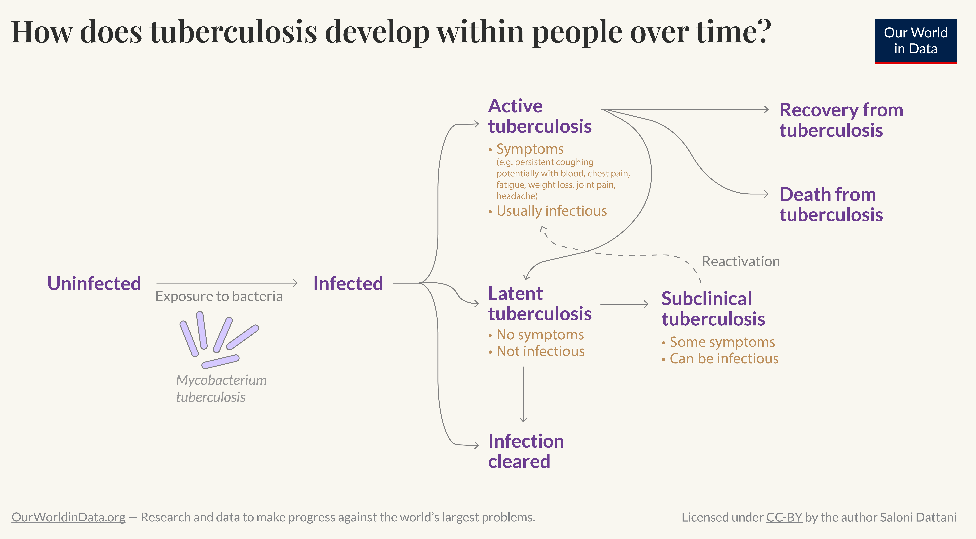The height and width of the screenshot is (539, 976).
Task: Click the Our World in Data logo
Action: coord(915,41)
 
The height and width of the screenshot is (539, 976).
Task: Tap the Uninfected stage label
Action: coord(94,284)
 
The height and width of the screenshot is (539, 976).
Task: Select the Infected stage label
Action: coord(348,284)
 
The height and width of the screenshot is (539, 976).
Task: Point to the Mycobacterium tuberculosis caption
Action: coord(221,388)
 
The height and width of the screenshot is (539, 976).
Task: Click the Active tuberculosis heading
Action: coord(540,116)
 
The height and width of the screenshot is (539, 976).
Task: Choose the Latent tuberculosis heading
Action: coord(540,304)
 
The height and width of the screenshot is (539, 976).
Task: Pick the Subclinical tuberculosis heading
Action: coord(713,309)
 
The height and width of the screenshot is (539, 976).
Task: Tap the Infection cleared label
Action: coord(526,451)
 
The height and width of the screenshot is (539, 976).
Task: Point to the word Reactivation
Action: coord(741,261)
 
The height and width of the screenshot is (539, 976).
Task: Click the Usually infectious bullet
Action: coord(551,211)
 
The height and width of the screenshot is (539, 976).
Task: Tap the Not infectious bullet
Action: coord(540,351)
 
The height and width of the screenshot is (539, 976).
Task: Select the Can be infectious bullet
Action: coord(724,359)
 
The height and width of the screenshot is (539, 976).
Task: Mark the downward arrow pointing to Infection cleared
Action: coord(523,394)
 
